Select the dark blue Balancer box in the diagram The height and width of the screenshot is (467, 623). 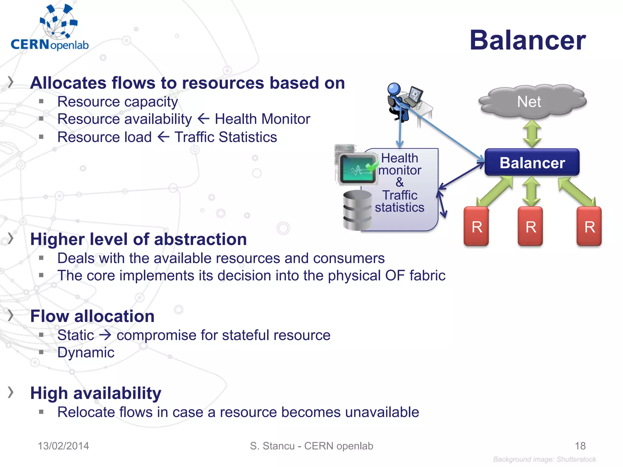pyautogui.click(x=532, y=163)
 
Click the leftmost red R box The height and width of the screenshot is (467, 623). pyautogui.click(x=476, y=227)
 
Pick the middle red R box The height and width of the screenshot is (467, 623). pyautogui.click(x=530, y=227)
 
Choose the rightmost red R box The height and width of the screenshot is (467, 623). pyautogui.click(x=589, y=227)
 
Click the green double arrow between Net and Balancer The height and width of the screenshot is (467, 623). pyautogui.click(x=532, y=134)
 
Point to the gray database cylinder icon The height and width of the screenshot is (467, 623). pyautogui.click(x=357, y=210)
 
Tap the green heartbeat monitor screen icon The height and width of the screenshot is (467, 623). pyautogui.click(x=358, y=169)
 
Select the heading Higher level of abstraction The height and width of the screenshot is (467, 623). pyautogui.click(x=138, y=239)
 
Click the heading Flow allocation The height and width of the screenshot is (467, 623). pyautogui.click(x=92, y=316)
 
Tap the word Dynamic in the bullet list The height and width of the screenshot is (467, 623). pyautogui.click(x=86, y=353)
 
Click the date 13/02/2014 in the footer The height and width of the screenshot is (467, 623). pyautogui.click(x=63, y=446)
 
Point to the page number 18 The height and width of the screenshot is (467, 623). pyautogui.click(x=580, y=446)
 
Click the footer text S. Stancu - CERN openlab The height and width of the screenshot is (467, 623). pyautogui.click(x=311, y=446)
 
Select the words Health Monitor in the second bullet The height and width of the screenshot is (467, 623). pyautogui.click(x=262, y=119)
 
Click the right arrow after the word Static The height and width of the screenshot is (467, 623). pyautogui.click(x=105, y=335)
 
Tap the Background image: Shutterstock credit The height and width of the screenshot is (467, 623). pyautogui.click(x=544, y=459)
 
